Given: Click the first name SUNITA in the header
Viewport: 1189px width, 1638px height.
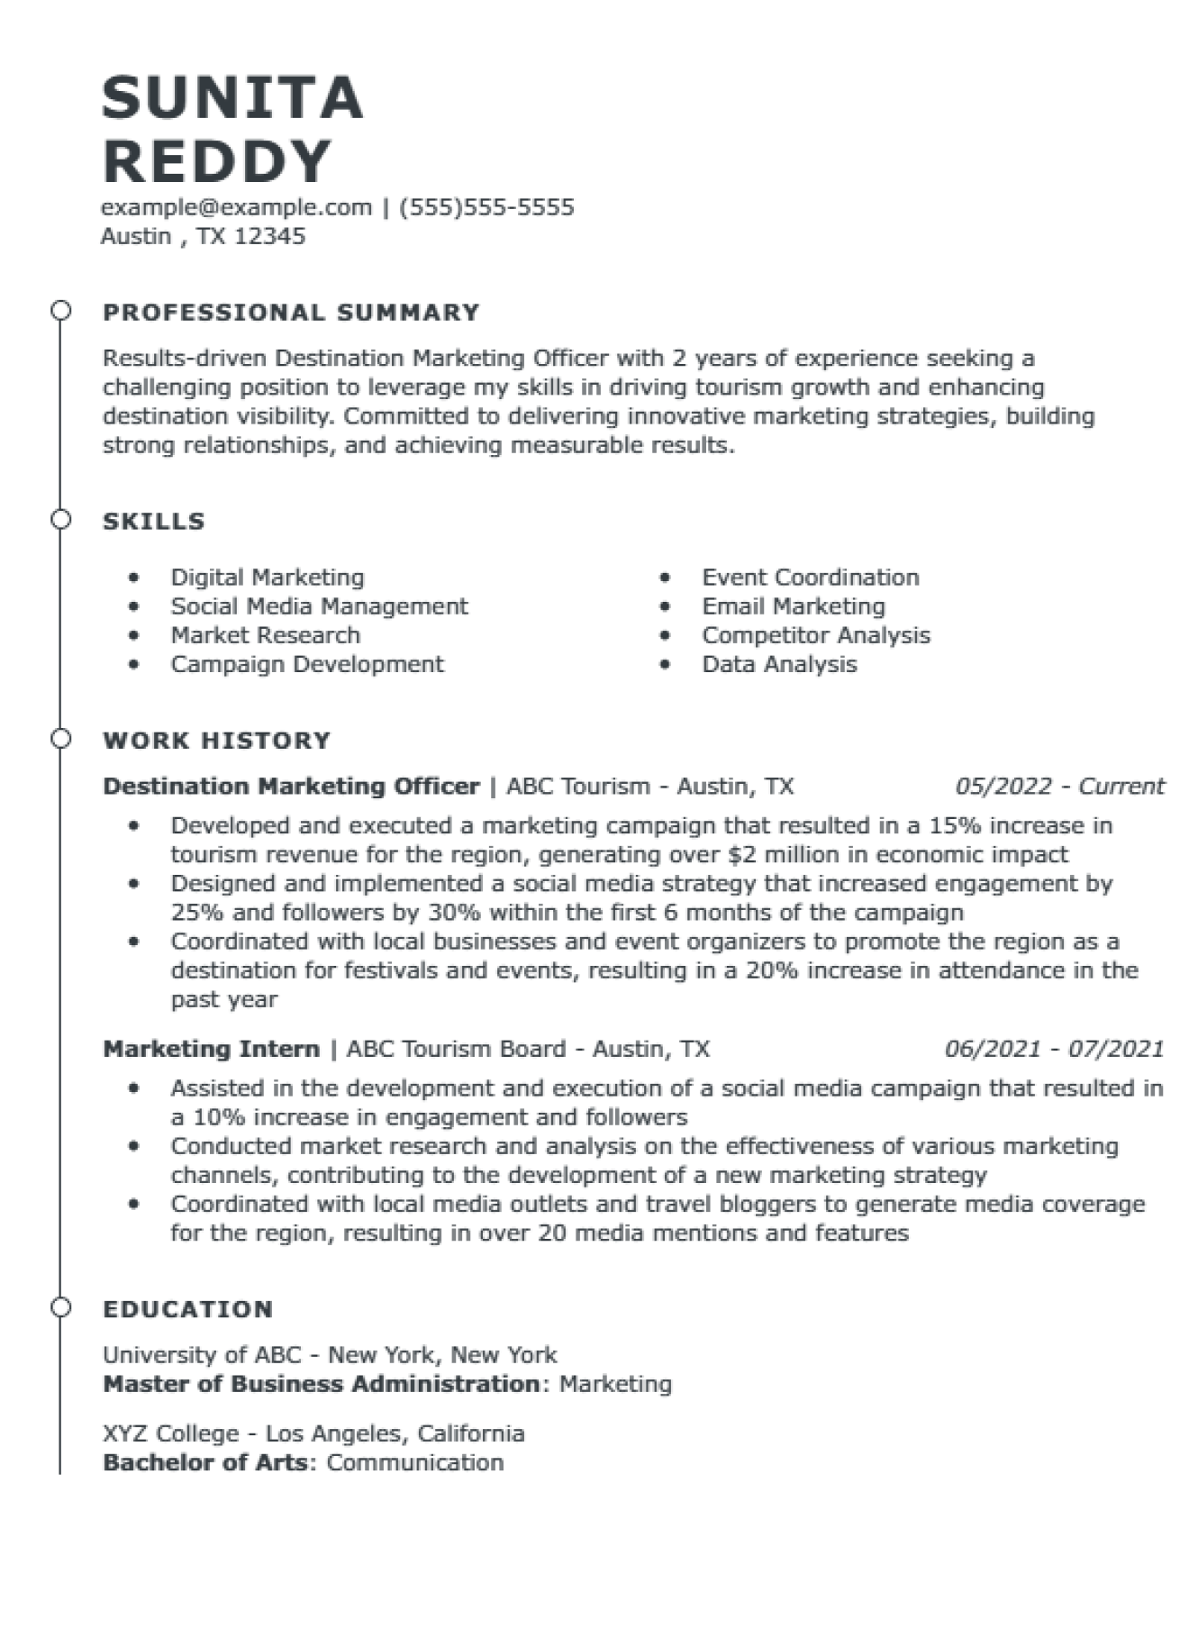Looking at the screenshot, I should [232, 97].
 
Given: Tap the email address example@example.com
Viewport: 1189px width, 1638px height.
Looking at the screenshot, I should [236, 207].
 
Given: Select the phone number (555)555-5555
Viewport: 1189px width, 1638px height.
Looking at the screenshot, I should [486, 207].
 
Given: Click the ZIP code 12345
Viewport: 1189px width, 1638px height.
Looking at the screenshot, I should [269, 236].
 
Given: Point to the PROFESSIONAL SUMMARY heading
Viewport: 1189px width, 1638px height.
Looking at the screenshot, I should [291, 312].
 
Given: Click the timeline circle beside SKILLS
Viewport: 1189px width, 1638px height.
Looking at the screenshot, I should [60, 520].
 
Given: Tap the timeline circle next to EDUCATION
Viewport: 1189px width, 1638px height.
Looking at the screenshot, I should [60, 1307].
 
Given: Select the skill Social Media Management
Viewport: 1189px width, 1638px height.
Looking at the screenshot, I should [319, 605].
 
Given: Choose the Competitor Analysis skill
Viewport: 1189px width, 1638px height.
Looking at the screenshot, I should [815, 634].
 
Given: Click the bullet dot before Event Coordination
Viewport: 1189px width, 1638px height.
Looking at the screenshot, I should [665, 577].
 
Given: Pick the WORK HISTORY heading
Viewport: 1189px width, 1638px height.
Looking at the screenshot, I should [217, 740].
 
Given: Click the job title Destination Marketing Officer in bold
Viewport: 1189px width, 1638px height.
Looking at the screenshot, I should [291, 786].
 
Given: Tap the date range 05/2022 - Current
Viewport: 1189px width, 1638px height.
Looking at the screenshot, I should [1059, 786].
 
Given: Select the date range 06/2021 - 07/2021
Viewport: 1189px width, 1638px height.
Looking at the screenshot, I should [1054, 1048].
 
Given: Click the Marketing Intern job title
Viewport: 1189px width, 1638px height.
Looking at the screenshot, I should [212, 1048].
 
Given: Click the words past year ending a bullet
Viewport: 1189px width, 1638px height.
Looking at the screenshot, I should [224, 999].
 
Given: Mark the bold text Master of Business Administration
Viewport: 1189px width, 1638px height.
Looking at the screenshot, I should [321, 1383].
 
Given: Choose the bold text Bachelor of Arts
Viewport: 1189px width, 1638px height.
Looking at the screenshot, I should [205, 1461].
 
